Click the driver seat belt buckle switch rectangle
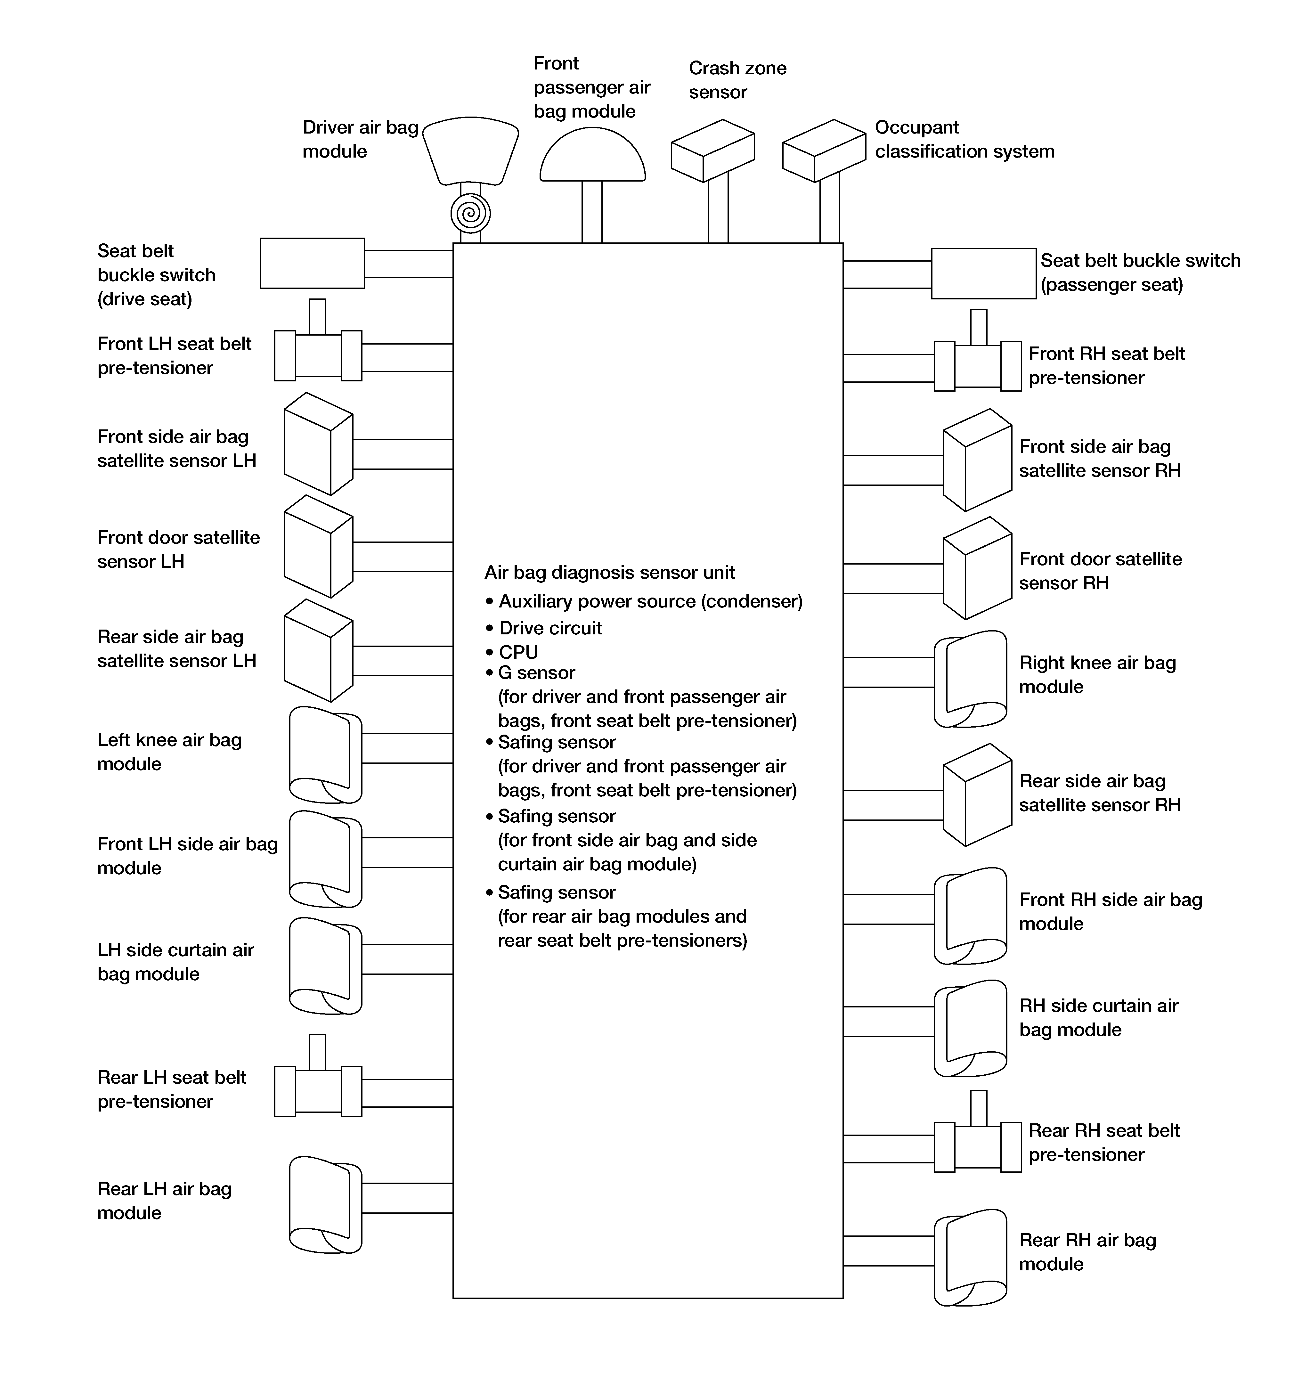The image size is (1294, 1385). tap(312, 263)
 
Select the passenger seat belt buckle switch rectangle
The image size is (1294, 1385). tap(983, 274)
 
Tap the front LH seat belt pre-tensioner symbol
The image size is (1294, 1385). tap(318, 355)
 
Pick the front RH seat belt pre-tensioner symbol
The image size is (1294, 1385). tap(978, 366)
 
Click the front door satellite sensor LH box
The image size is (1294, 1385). tap(318, 546)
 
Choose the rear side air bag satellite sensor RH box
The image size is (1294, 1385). tap(977, 795)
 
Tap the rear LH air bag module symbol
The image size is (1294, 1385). tap(325, 1205)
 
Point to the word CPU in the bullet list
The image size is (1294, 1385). tap(518, 652)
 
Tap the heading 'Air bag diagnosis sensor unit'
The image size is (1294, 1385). tap(610, 573)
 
